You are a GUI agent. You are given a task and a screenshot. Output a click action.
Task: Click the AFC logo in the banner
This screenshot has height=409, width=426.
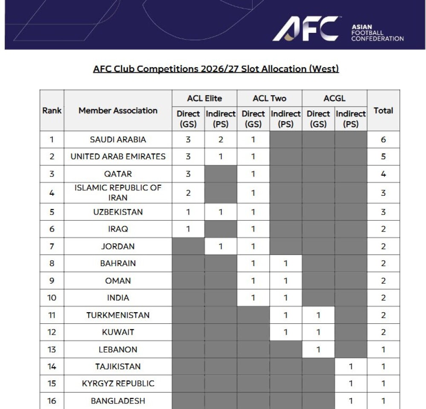(x=305, y=29)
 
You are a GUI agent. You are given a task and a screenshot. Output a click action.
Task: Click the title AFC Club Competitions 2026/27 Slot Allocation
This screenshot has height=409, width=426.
(x=216, y=69)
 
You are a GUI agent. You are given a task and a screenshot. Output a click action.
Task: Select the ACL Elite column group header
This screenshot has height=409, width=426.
(x=204, y=99)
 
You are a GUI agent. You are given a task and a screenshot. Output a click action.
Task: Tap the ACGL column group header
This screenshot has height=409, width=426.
(x=334, y=99)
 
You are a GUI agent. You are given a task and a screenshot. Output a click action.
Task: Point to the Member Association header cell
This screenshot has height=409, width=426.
(x=118, y=110)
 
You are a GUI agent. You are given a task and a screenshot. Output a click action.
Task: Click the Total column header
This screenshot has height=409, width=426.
(x=383, y=110)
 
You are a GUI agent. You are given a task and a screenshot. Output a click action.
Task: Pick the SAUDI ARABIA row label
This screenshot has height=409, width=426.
(x=118, y=139)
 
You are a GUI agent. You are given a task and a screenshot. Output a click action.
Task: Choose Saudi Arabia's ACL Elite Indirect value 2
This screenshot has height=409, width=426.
(x=221, y=139)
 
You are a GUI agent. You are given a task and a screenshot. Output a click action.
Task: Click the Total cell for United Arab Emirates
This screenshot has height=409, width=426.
(x=383, y=157)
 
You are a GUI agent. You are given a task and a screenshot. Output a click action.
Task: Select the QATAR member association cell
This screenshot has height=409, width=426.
(x=118, y=174)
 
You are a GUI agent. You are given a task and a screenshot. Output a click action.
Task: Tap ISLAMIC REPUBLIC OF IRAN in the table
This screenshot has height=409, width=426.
(x=118, y=193)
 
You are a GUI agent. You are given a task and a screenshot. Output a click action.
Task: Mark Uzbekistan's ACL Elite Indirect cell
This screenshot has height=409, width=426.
(x=221, y=212)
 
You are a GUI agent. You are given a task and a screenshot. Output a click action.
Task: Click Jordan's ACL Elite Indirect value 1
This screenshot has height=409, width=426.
(x=221, y=246)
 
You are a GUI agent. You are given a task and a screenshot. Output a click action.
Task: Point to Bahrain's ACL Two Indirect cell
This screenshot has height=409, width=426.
(x=285, y=264)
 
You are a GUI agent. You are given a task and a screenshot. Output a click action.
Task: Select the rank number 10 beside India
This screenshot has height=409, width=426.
(x=52, y=298)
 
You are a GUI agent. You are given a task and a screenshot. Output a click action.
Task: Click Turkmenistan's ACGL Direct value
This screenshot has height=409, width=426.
(x=318, y=315)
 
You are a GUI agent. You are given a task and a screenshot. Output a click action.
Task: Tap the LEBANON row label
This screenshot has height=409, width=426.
(x=118, y=349)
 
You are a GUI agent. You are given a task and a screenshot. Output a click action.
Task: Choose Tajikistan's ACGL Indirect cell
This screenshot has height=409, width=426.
(x=351, y=366)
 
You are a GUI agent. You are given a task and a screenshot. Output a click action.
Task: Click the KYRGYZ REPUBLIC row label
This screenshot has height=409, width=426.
(x=118, y=383)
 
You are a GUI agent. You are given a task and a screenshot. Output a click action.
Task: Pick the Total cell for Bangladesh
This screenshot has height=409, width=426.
(x=383, y=401)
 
